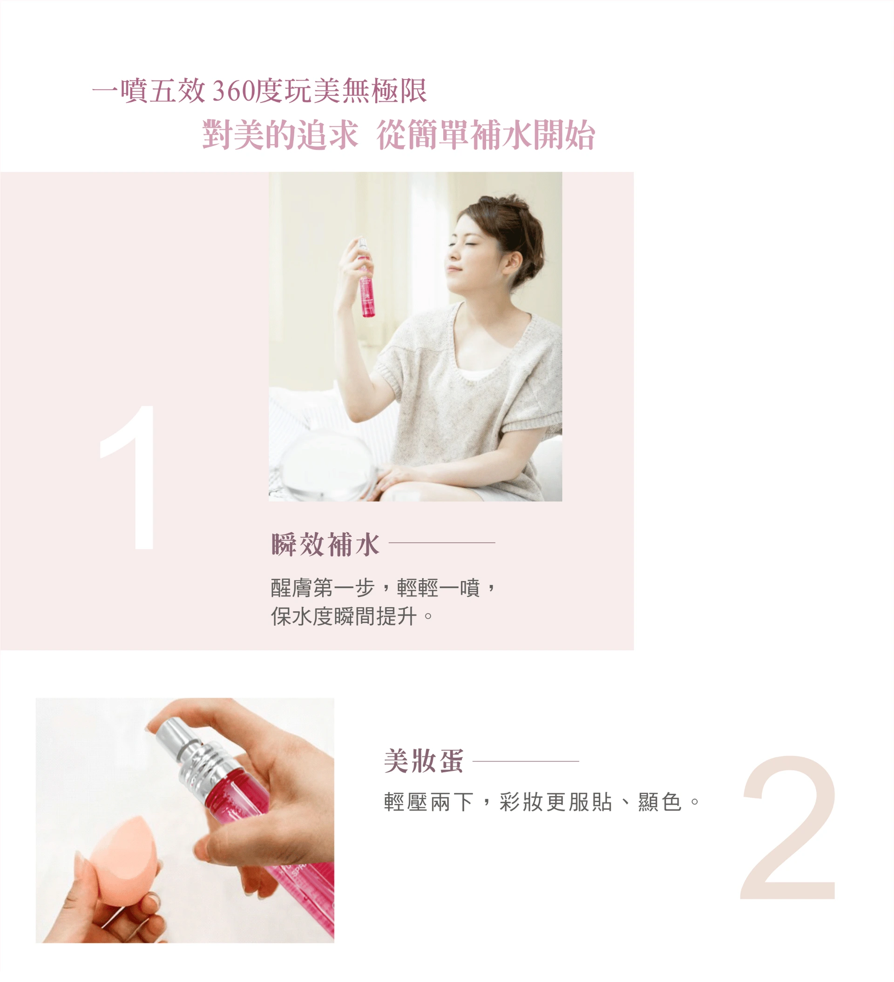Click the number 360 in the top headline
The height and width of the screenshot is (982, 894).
tap(233, 91)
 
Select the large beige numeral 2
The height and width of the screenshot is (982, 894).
tap(789, 828)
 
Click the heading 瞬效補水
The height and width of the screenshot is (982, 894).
tap(325, 544)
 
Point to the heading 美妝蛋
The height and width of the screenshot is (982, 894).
tap(423, 761)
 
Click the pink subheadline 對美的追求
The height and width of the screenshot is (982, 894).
tap(280, 134)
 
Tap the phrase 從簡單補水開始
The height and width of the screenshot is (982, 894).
tap(486, 134)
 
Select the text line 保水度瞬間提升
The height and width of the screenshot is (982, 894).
tap(352, 616)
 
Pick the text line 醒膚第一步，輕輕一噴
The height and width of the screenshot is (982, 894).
tap(383, 588)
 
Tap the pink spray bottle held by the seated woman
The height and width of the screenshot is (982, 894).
tap(366, 279)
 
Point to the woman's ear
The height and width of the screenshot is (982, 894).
tap(513, 263)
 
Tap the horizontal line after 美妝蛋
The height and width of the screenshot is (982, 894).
tap(526, 761)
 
